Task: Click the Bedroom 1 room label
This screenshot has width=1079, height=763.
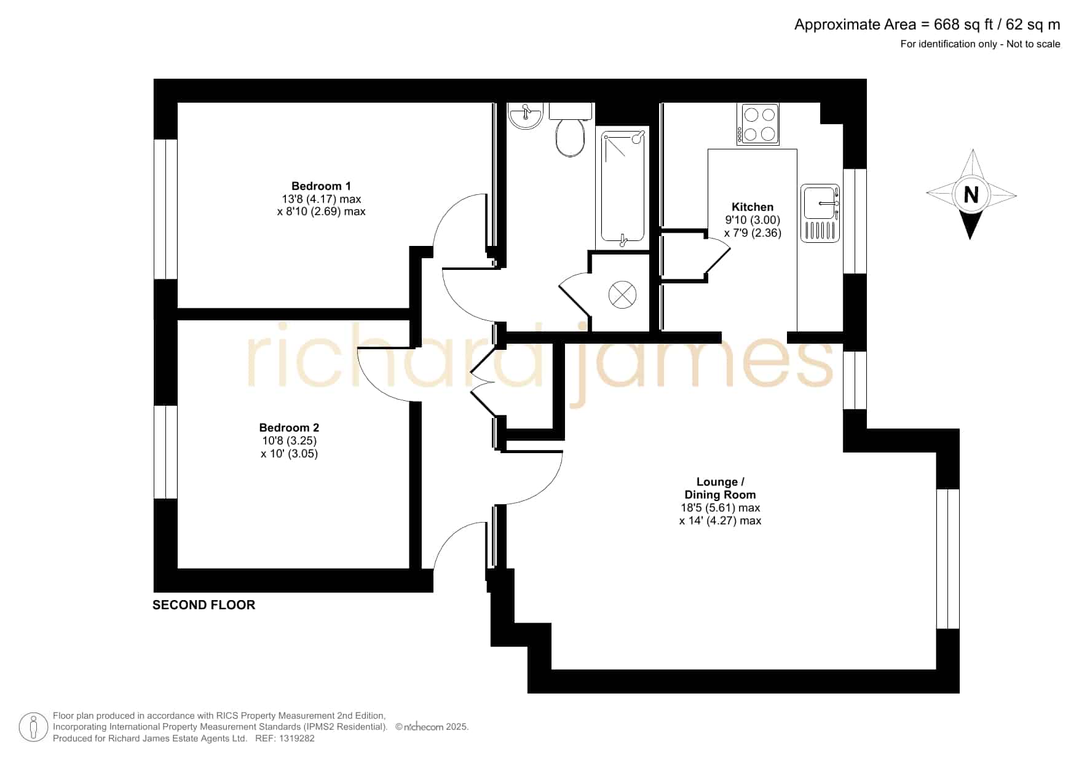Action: click(321, 186)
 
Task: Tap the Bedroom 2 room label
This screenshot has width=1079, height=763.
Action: click(289, 427)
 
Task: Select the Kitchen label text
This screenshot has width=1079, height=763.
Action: click(753, 207)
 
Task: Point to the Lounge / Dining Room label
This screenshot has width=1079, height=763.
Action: click(720, 488)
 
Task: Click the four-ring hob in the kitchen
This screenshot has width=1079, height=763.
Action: click(759, 124)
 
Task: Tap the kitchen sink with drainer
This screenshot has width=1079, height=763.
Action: click(820, 213)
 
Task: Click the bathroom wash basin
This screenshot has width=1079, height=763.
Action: click(526, 116)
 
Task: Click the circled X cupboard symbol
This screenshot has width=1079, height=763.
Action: click(622, 295)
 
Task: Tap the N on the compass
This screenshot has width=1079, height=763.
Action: click(971, 195)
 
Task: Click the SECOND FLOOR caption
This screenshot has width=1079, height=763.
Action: click(204, 605)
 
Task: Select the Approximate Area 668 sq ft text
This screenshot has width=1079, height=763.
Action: click(927, 25)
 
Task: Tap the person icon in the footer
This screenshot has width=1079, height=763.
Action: click(33, 727)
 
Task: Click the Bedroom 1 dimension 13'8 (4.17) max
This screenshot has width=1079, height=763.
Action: click(321, 199)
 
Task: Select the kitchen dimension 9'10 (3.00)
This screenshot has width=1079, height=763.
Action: click(753, 220)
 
